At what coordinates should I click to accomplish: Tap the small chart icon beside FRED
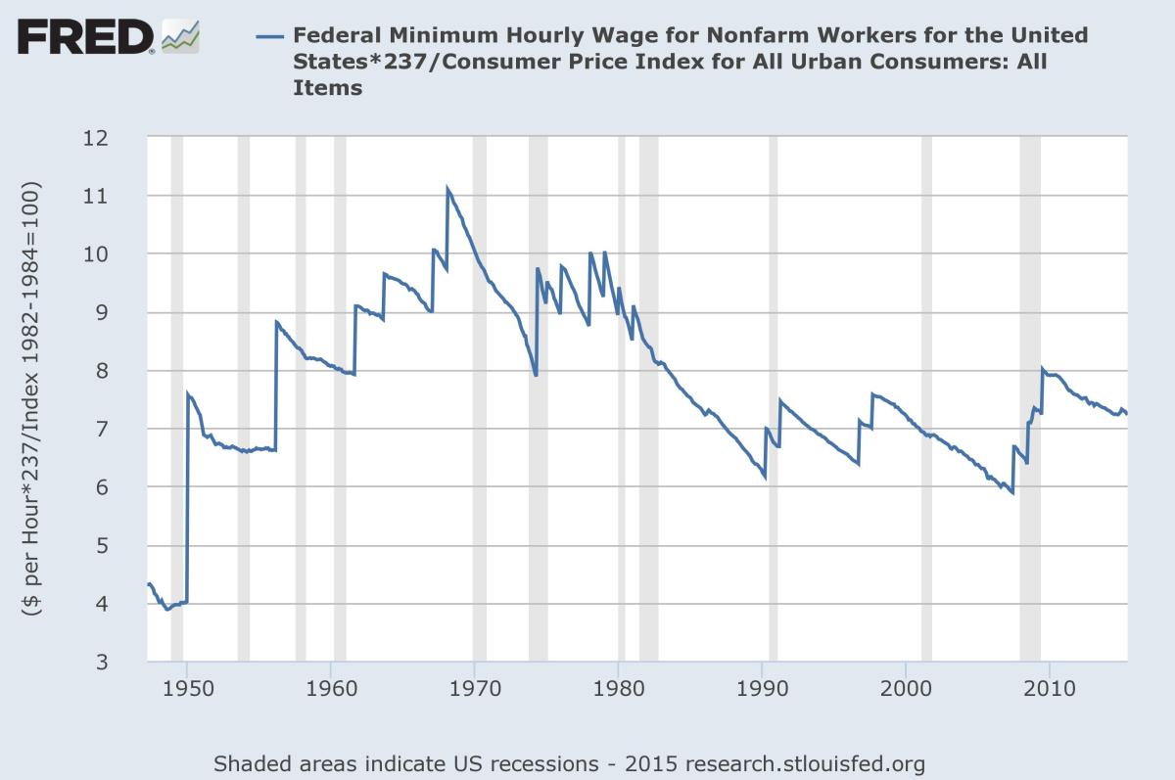coord(180,36)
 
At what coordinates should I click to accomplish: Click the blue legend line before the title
coord(268,37)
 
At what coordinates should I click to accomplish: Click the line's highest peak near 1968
coord(447,188)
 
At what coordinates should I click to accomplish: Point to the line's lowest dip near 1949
coord(167,609)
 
